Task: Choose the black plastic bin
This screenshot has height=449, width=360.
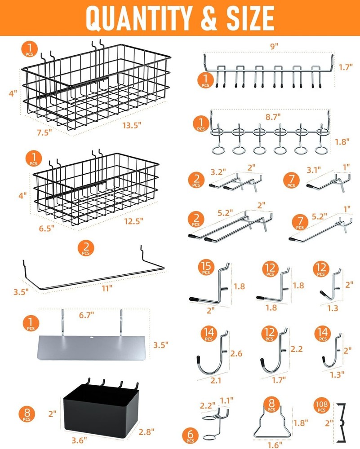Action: (98, 405)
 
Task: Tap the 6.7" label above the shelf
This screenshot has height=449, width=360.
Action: (88, 315)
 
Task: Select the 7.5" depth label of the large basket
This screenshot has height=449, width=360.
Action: (44, 132)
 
